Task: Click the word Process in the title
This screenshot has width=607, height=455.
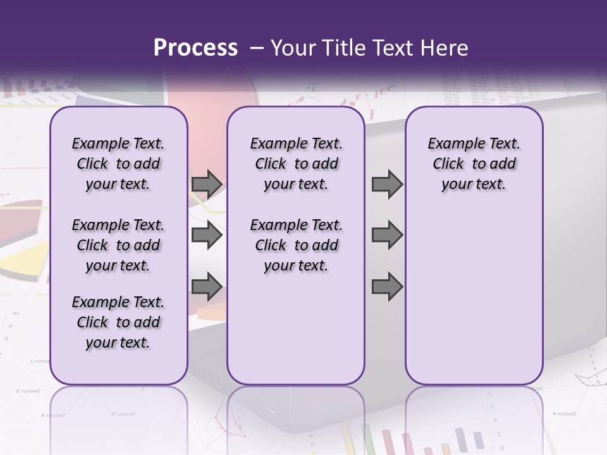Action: (x=195, y=48)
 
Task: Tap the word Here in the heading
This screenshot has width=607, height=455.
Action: (x=443, y=48)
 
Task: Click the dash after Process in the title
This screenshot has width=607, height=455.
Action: (x=257, y=48)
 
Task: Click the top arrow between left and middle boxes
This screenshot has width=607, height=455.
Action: (x=207, y=184)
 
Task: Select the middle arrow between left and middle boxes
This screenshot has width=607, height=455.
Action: (x=207, y=235)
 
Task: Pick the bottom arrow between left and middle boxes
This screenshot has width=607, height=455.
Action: (x=207, y=286)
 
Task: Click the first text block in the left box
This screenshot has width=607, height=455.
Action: (x=118, y=164)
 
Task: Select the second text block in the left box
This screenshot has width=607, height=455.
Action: (x=118, y=245)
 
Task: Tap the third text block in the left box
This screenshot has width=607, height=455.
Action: (x=118, y=322)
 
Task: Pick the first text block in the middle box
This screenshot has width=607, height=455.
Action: (x=296, y=164)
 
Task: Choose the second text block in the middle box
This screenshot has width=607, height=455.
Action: (x=296, y=245)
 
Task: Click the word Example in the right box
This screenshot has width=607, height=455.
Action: (x=452, y=143)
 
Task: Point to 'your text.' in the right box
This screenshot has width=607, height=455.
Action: (x=474, y=184)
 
